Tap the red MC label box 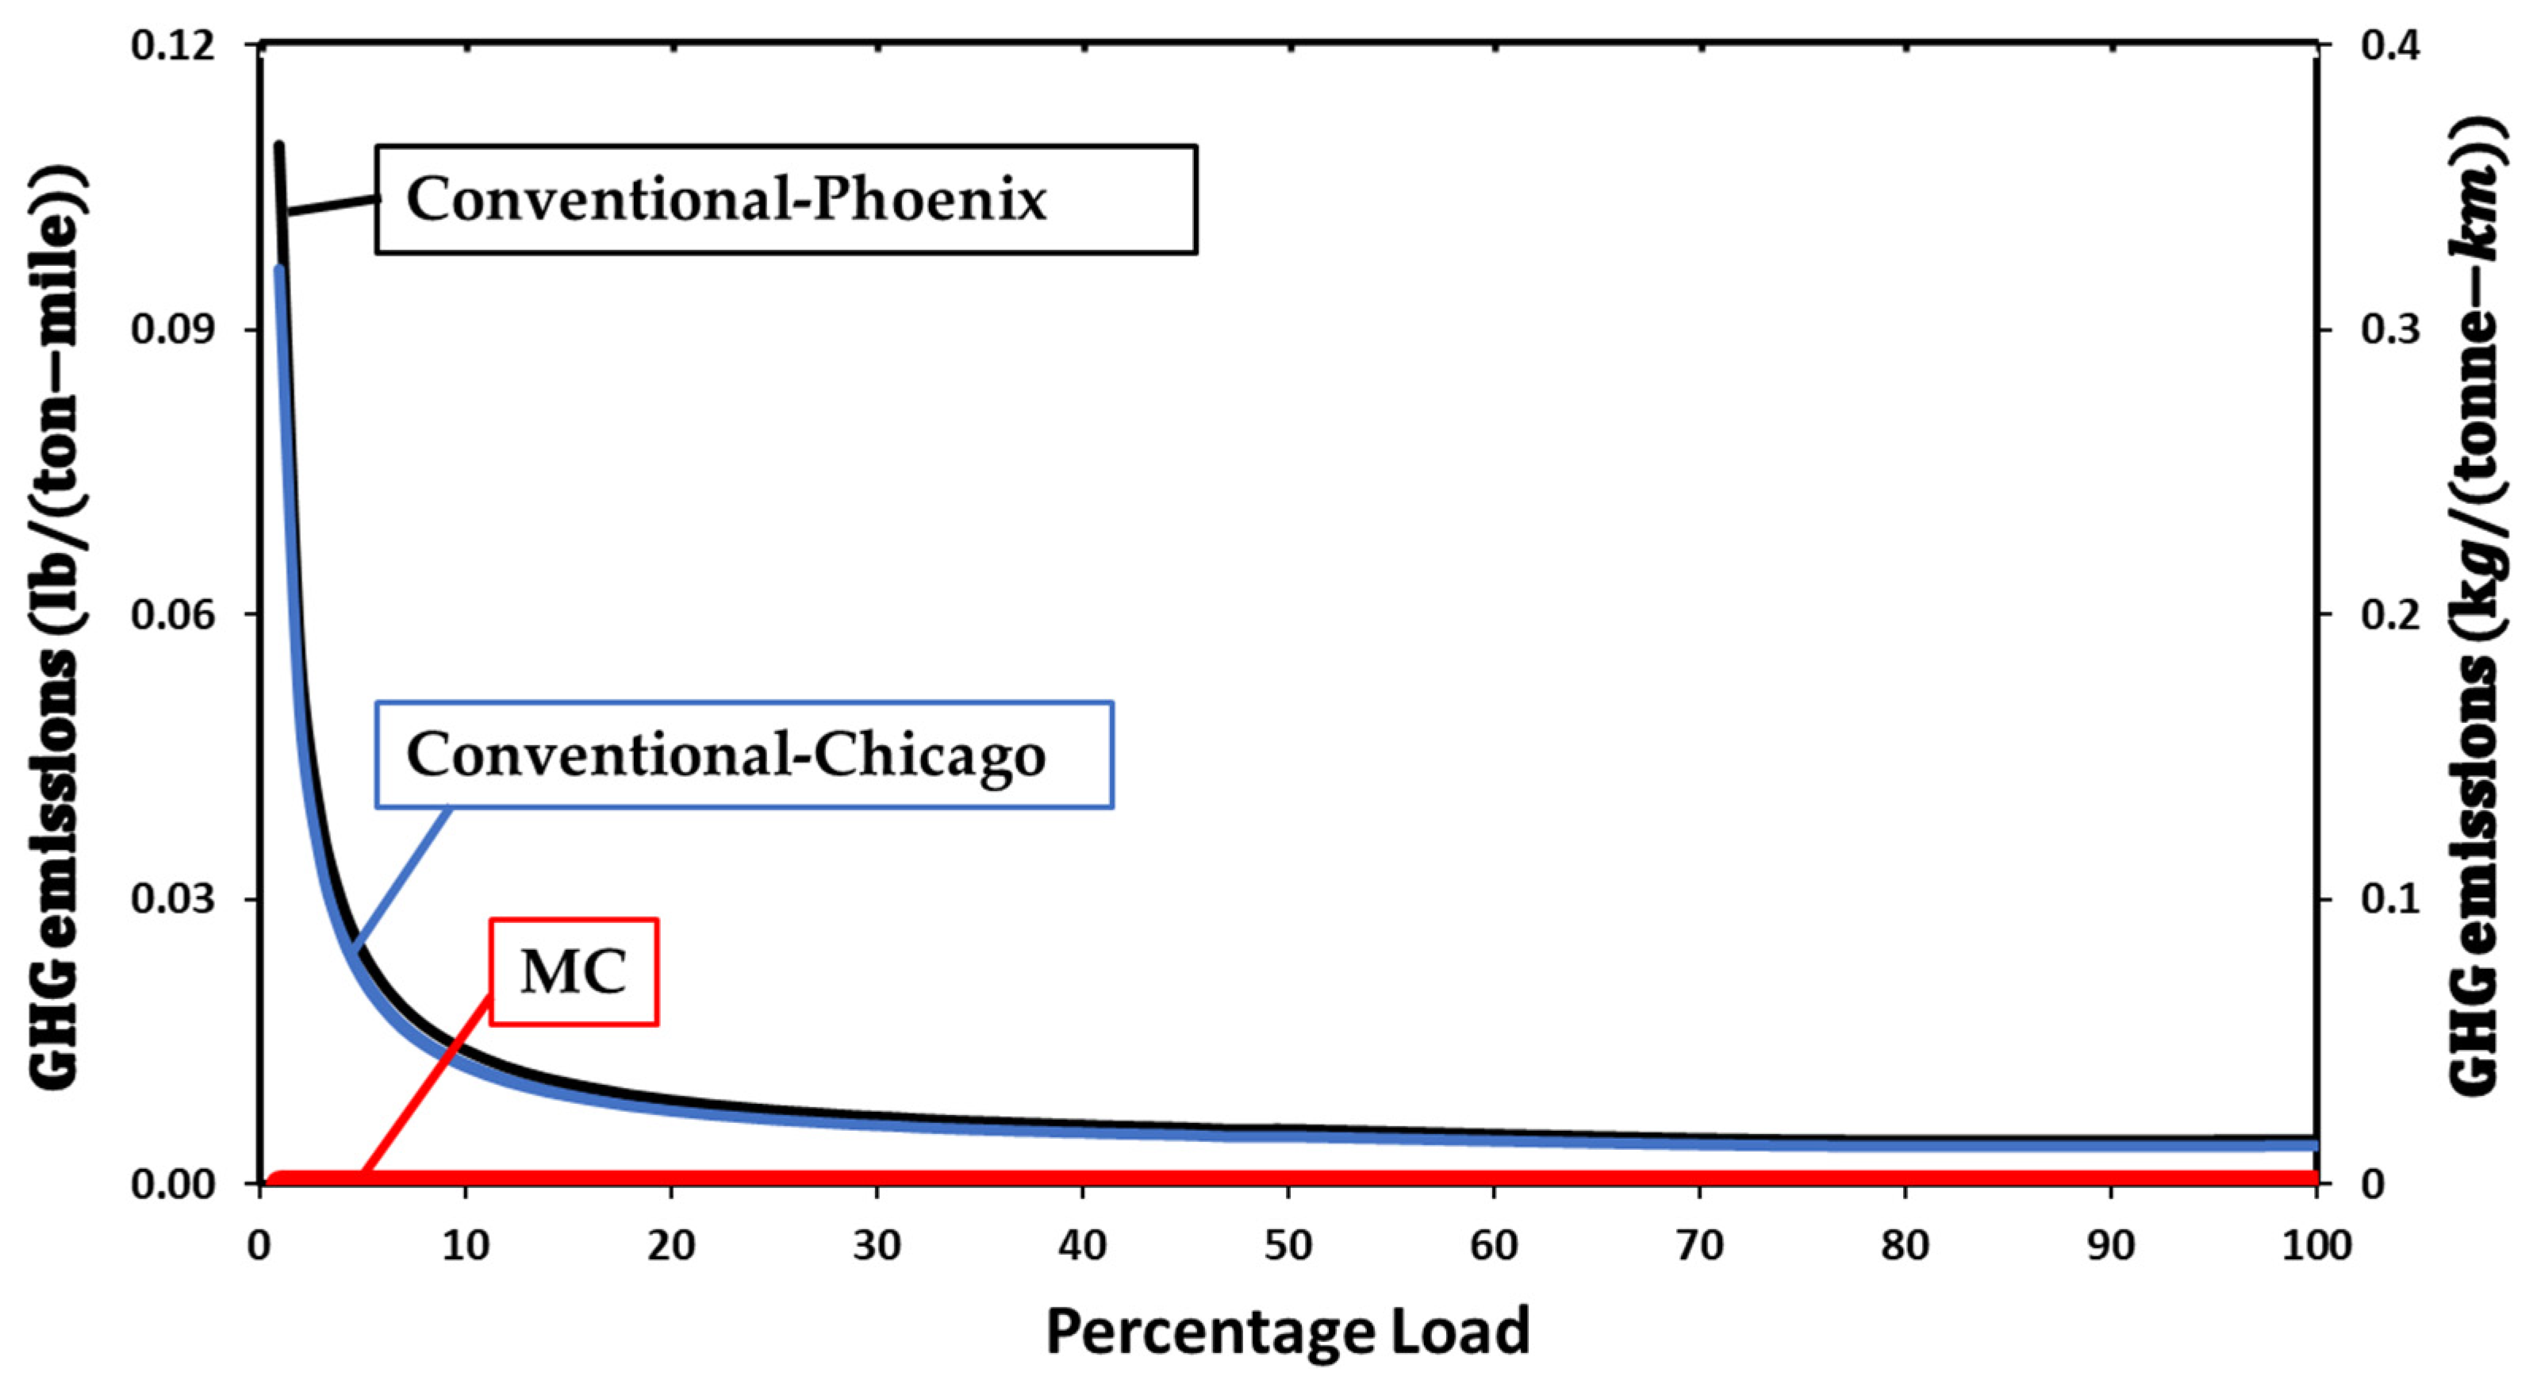(x=574, y=972)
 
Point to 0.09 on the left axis (x=173, y=329)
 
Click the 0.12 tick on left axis (x=173, y=45)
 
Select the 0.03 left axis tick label (x=173, y=898)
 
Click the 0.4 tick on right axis (x=2389, y=45)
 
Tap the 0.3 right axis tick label (x=2389, y=329)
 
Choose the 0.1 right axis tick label (x=2389, y=898)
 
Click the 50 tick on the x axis (x=1288, y=1246)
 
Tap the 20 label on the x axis (x=670, y=1246)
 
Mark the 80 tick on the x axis (x=1905, y=1246)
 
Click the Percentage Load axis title (x=1288, y=1332)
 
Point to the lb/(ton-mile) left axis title (x=56, y=630)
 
